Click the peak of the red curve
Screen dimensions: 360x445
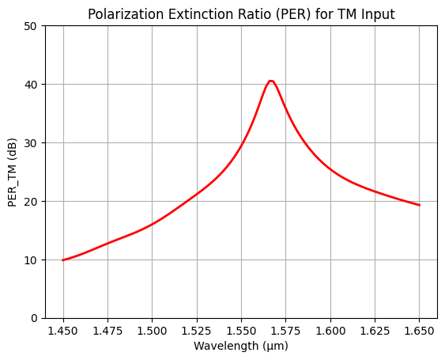(x=270, y=81)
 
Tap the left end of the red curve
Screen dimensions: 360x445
(x=63, y=260)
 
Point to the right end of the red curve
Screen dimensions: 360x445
(x=419, y=205)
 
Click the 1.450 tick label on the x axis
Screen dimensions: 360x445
(x=63, y=330)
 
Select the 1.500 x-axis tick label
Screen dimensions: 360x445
(x=152, y=330)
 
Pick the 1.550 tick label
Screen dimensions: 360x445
(x=241, y=330)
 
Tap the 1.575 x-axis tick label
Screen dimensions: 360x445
(x=285, y=330)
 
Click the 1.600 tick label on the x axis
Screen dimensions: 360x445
(x=330, y=330)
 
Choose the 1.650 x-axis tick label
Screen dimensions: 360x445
(x=419, y=330)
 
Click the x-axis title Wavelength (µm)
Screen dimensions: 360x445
(x=241, y=346)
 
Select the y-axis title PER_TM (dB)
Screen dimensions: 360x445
(x=13, y=172)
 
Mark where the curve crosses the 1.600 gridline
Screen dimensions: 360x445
(x=330, y=169)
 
